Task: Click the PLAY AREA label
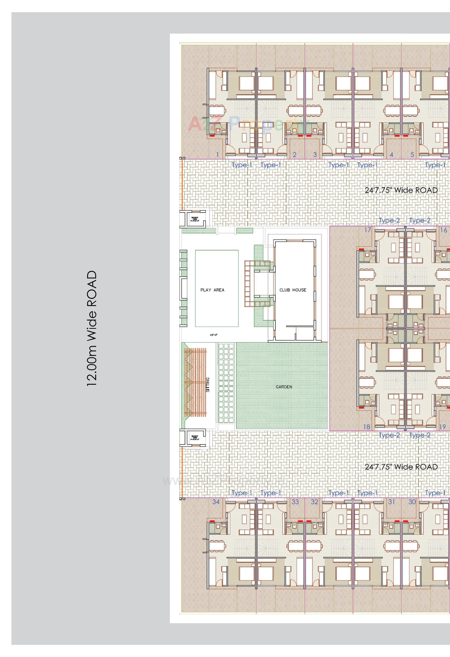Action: pos(212,290)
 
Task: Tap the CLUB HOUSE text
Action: pos(293,290)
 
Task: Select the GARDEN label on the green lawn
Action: pos(284,387)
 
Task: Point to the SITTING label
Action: pos(208,385)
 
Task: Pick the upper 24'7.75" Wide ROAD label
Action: pos(401,190)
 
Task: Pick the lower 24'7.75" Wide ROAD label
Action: pos(401,467)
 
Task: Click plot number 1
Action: pos(217,154)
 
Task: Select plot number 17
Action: pos(367,230)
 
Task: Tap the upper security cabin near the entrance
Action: pos(195,219)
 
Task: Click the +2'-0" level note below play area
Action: pos(213,335)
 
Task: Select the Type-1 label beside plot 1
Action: pos(242,165)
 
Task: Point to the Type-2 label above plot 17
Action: pos(389,220)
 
